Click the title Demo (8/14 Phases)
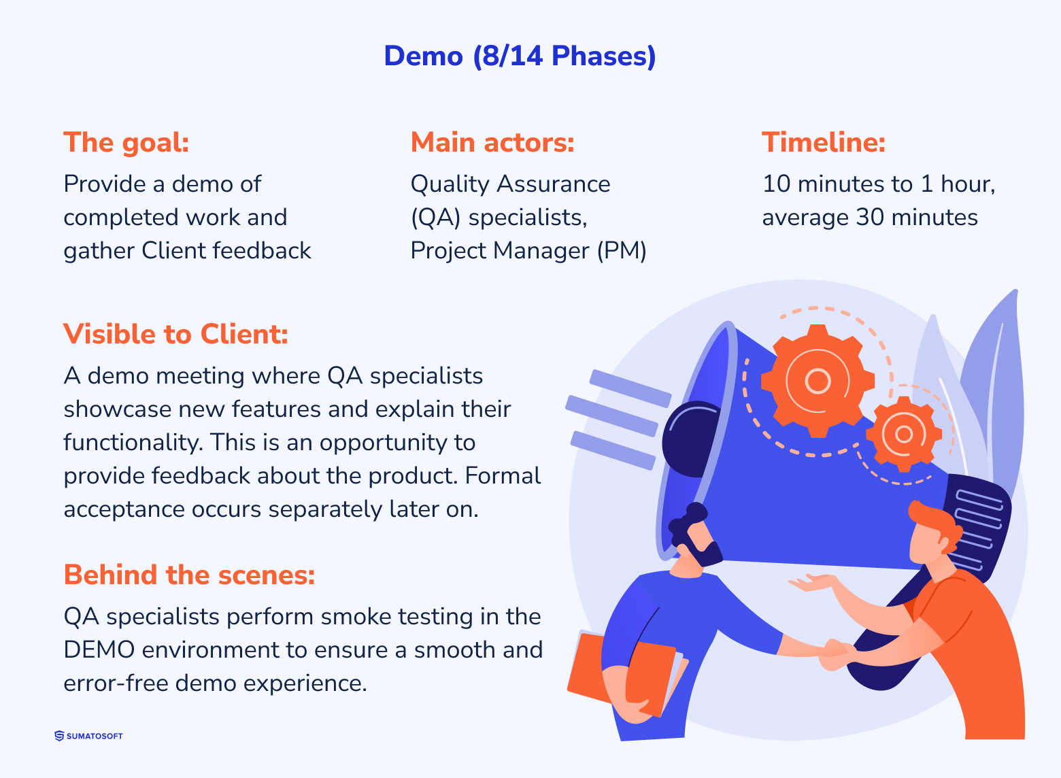click(520, 56)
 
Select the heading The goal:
click(126, 143)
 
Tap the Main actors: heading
click(492, 143)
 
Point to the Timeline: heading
click(823, 143)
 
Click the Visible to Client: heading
click(175, 335)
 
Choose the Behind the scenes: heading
click(189, 575)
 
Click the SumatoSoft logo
click(88, 736)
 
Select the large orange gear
click(817, 381)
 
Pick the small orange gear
click(903, 434)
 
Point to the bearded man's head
click(694, 535)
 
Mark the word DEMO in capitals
click(99, 650)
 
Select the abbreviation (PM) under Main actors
click(622, 251)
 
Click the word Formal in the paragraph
click(503, 476)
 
